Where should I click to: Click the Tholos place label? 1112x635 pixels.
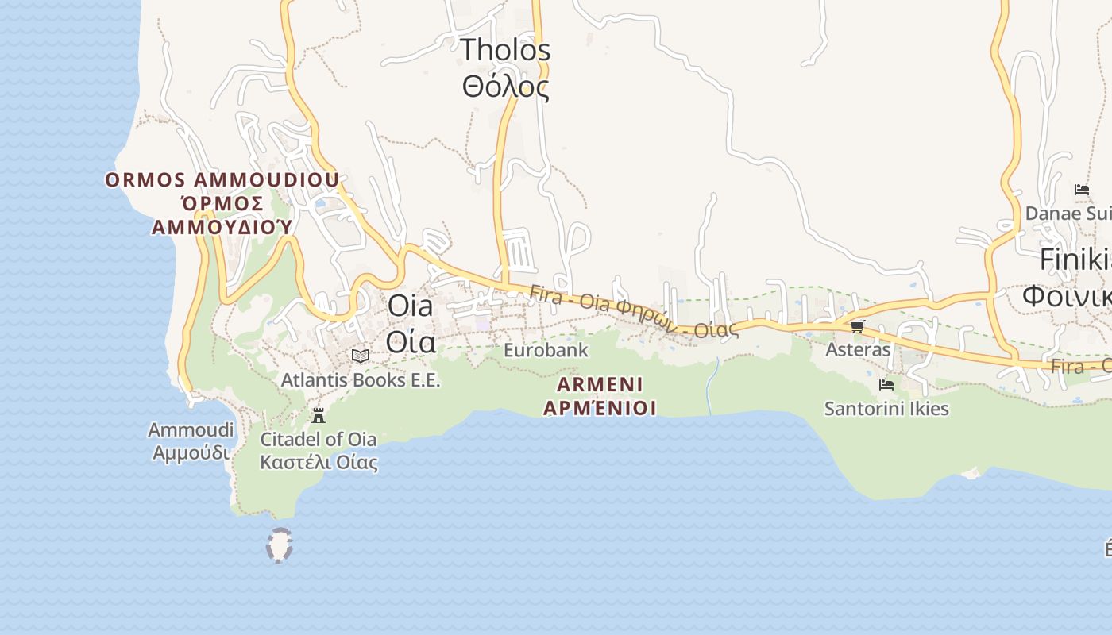tap(505, 50)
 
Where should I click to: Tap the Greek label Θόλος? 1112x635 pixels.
tap(505, 87)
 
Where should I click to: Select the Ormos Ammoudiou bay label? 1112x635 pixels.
tap(222, 180)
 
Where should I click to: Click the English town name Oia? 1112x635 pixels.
tap(410, 306)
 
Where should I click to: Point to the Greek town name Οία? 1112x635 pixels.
tap(410, 341)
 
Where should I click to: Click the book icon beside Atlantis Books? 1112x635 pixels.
tap(361, 356)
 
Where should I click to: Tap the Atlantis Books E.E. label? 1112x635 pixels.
tap(361, 380)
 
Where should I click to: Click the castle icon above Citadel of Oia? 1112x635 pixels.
tap(319, 415)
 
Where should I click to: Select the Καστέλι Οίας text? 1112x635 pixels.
tap(319, 461)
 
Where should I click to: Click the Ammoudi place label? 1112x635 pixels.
tap(191, 430)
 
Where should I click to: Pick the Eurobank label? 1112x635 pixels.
tap(546, 350)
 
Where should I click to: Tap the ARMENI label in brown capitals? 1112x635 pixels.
tap(600, 385)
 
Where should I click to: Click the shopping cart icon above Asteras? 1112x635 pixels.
tap(857, 326)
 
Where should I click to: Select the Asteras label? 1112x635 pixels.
tap(858, 350)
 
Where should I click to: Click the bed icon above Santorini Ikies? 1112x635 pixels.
tap(886, 385)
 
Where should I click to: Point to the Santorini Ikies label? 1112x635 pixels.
tap(886, 410)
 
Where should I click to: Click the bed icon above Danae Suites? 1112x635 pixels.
tap(1081, 190)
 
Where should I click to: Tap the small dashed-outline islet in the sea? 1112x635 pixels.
tap(279, 546)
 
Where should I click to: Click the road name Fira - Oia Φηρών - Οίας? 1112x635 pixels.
tap(633, 313)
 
